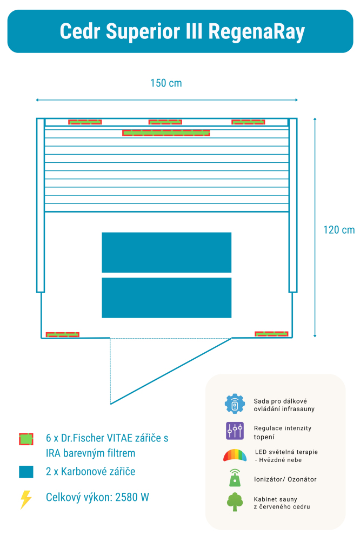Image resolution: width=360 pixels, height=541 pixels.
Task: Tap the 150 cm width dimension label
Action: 166,83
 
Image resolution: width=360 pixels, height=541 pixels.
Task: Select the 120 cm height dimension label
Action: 339,229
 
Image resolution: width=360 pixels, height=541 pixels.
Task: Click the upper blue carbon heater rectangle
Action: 166,252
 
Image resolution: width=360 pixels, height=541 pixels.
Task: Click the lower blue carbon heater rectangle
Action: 166,298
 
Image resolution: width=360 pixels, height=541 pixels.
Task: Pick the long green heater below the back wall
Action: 166,133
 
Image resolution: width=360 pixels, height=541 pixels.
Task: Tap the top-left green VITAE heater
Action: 85,122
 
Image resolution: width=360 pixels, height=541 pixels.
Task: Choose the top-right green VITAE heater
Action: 248,122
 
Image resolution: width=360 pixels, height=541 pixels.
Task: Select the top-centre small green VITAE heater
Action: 165,122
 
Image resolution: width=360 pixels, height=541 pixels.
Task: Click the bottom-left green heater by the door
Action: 63,334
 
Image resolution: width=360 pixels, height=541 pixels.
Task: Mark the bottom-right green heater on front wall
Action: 271,334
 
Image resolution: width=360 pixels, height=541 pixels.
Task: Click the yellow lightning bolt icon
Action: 25,499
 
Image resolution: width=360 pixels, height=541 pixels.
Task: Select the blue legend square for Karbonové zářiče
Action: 26,472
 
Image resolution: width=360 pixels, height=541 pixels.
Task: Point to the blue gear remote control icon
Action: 235,404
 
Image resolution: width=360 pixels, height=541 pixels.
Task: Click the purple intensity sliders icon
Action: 235,431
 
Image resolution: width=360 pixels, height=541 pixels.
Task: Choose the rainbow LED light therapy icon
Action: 235,455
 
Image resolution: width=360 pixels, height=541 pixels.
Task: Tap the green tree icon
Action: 235,502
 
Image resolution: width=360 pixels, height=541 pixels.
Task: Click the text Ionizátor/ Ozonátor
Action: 285,479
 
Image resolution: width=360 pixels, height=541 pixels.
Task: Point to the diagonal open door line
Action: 171,371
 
